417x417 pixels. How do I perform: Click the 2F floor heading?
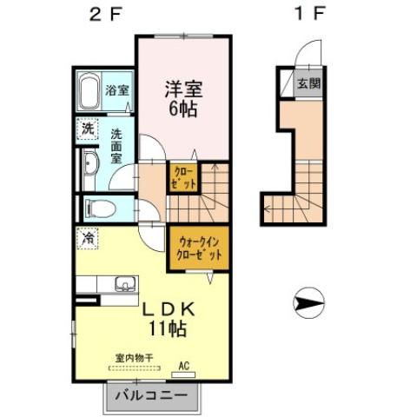[98, 15]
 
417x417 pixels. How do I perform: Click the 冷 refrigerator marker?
[88, 235]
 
